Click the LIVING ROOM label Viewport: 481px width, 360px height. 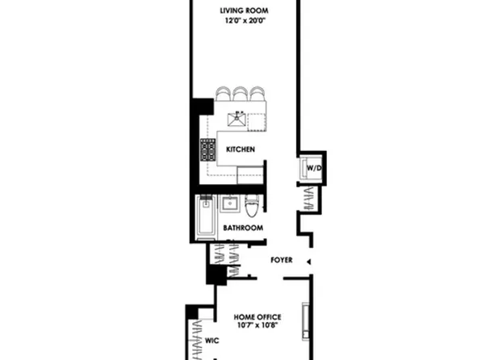coord(245,10)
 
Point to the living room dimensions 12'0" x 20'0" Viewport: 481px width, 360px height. coord(245,22)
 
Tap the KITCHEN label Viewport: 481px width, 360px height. coord(240,149)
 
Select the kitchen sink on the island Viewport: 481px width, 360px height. coord(238,119)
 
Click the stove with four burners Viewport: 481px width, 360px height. coord(208,149)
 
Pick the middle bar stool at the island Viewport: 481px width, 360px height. coord(240,93)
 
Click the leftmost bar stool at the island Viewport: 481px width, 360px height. coord(224,93)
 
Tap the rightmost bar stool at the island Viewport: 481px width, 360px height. coord(257,93)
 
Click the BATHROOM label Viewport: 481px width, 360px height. coord(244,228)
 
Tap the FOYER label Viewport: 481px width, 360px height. coord(282,261)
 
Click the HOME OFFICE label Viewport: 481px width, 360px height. coord(260,316)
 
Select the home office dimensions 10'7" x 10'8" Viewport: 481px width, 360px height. coord(260,327)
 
